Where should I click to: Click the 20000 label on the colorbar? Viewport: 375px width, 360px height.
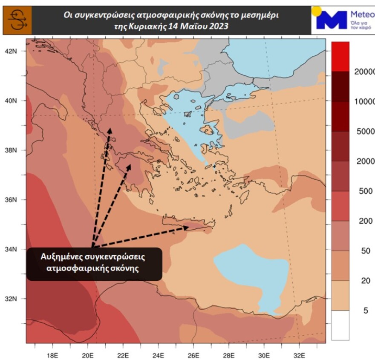(365, 72)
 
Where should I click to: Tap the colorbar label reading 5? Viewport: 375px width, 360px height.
(365, 311)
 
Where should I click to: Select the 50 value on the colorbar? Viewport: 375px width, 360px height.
(365, 251)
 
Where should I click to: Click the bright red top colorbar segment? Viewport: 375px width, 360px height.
(340, 56)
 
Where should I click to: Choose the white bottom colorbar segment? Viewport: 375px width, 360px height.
(340, 325)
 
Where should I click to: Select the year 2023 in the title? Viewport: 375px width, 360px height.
(219, 26)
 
